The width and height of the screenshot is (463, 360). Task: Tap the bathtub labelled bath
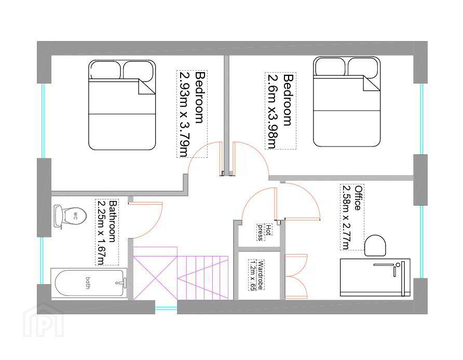coord(89,283)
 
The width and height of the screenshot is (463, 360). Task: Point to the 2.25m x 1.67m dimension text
coord(101,233)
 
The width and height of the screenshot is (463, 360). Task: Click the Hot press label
coord(264,232)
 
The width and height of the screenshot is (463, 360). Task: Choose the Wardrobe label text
coord(261,275)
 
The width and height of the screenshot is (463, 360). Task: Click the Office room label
coord(358,198)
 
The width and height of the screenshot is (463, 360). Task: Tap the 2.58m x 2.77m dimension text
coord(346,217)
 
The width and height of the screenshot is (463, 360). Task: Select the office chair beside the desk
coord(375,245)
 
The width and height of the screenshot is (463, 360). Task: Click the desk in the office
coord(375,277)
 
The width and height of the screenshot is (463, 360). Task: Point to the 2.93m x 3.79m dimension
coord(184,114)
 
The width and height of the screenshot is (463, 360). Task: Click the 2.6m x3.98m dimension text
coord(272,111)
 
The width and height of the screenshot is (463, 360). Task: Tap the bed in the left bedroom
coord(122,105)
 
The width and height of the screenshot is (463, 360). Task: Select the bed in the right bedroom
coord(347,102)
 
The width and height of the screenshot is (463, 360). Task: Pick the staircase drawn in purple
coord(181,273)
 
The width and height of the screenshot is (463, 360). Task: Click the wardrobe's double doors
coord(296,276)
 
